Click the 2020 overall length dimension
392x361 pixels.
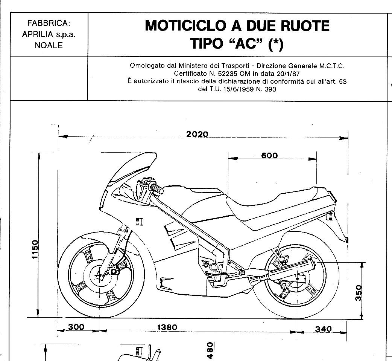click(197, 135)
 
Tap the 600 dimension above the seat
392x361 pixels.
click(269, 155)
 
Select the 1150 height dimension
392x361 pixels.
click(35, 249)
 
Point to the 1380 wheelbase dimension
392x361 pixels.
click(167, 327)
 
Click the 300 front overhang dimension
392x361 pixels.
click(76, 327)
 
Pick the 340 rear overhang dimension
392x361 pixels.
click(323, 329)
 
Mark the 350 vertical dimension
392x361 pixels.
click(359, 293)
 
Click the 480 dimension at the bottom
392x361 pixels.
click(210, 350)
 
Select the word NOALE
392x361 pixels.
click(49, 45)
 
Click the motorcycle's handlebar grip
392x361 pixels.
click(157, 189)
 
